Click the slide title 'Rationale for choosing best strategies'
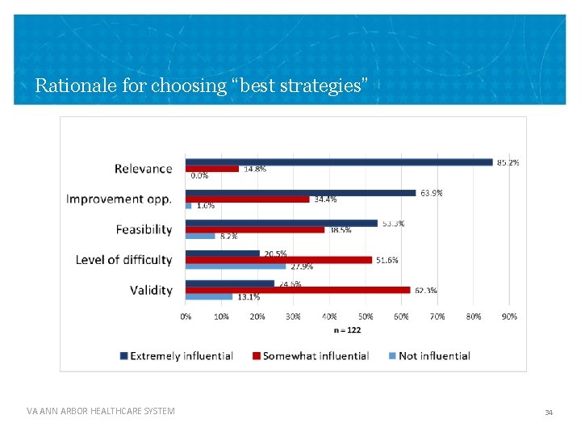pos(202,85)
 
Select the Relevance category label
pos(143,169)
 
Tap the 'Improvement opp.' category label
pos(119,199)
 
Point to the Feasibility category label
pos(144,229)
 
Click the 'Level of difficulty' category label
pos(123,260)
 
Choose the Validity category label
pos(151,290)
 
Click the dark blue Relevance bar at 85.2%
pos(339,162)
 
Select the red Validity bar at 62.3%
pos(298,290)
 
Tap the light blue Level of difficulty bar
pos(236,266)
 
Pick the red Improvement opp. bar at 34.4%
pos(247,199)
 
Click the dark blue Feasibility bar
pos(281,223)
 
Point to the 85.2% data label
pos(508,162)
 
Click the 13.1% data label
pos(249,297)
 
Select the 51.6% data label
pos(387,260)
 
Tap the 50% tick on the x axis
pos(365,317)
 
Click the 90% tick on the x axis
pos(509,317)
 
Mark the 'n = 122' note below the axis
pos(347,329)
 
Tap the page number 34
pos(549,413)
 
